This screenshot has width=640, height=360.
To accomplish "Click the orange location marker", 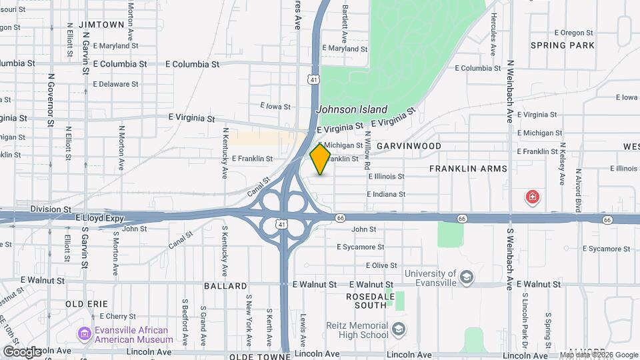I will [x=320, y=159].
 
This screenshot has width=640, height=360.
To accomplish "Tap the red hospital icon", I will [x=533, y=197].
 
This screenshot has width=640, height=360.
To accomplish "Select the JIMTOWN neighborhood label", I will [x=101, y=24].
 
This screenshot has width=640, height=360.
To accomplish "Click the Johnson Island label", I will [x=351, y=109].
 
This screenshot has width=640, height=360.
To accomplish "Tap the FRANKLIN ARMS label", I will [x=468, y=169].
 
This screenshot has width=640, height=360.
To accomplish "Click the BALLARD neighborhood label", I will [x=226, y=286].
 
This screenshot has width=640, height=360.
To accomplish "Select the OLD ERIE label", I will [x=87, y=303].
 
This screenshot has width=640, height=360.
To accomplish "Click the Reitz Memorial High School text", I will [x=357, y=329].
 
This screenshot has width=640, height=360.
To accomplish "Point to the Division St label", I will [x=51, y=209].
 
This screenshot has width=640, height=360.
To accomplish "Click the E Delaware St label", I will [x=115, y=84].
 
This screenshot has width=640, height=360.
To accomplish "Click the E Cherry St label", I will [x=116, y=316].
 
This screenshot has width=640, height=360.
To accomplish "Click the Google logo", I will [x=21, y=351].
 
